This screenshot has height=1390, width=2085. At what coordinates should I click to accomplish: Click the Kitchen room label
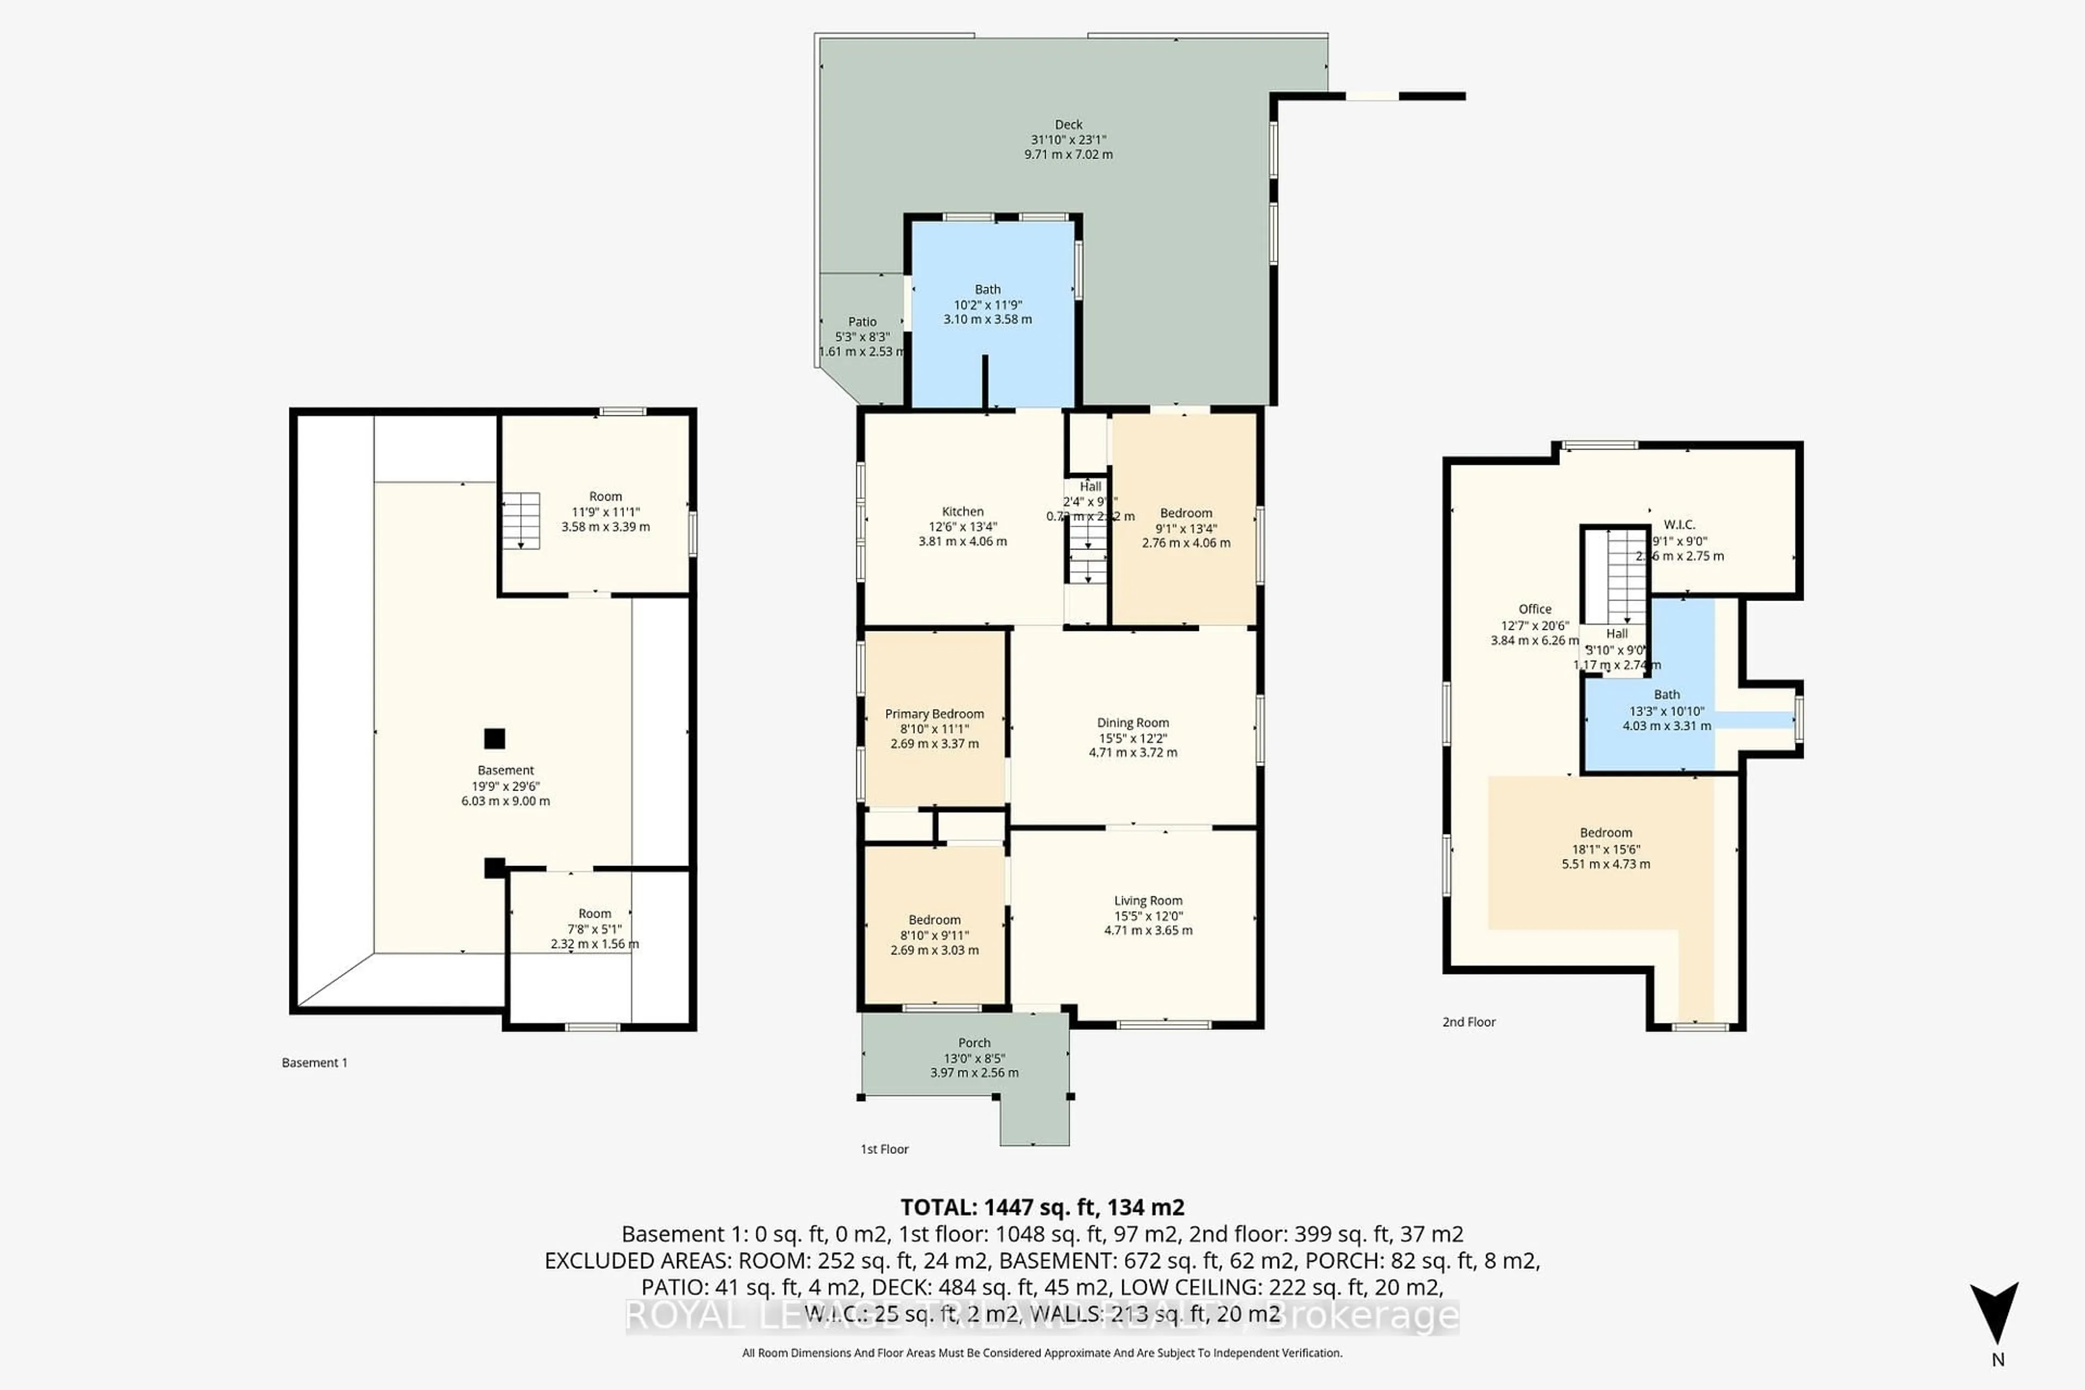[x=963, y=511]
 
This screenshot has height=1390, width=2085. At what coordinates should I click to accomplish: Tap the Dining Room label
[x=1133, y=723]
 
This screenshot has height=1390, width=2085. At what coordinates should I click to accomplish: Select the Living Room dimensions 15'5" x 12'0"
[x=1148, y=916]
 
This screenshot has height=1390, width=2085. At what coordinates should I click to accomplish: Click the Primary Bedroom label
[x=934, y=713]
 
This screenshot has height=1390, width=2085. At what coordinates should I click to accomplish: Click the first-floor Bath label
[x=988, y=289]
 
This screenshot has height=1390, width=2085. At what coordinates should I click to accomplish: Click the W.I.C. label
[x=1679, y=525]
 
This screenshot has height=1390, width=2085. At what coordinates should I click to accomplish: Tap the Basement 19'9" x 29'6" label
[x=506, y=770]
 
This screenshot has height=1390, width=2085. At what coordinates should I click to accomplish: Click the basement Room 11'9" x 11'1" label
[x=605, y=496]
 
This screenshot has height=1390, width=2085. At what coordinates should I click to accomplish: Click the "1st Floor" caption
[x=884, y=1149]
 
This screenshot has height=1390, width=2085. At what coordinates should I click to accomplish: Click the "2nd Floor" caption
[x=1468, y=1022]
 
